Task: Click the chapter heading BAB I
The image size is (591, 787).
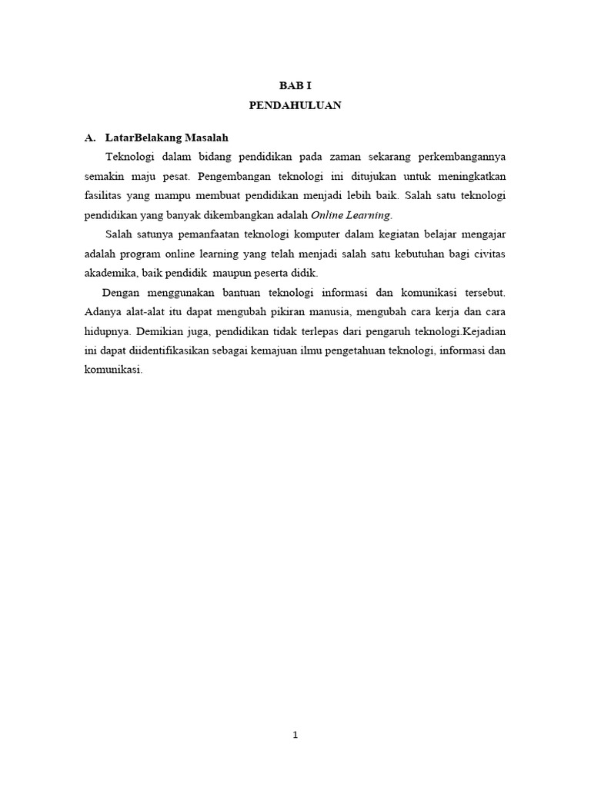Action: pyautogui.click(x=295, y=88)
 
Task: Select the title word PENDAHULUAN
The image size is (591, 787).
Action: pyautogui.click(x=295, y=106)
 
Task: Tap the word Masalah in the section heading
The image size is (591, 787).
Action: pyautogui.click(x=202, y=138)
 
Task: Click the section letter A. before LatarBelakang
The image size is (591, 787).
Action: pyautogui.click(x=90, y=138)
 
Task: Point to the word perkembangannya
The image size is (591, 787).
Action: pyautogui.click(x=463, y=157)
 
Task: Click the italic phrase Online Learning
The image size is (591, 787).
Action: pyautogui.click(x=351, y=214)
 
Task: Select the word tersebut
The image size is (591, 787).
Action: pyautogui.click(x=482, y=293)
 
